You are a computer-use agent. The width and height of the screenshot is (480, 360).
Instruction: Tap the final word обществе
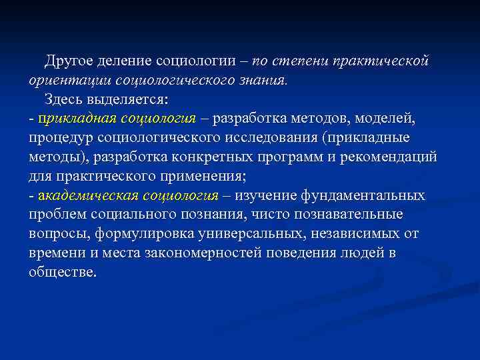(63, 273)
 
